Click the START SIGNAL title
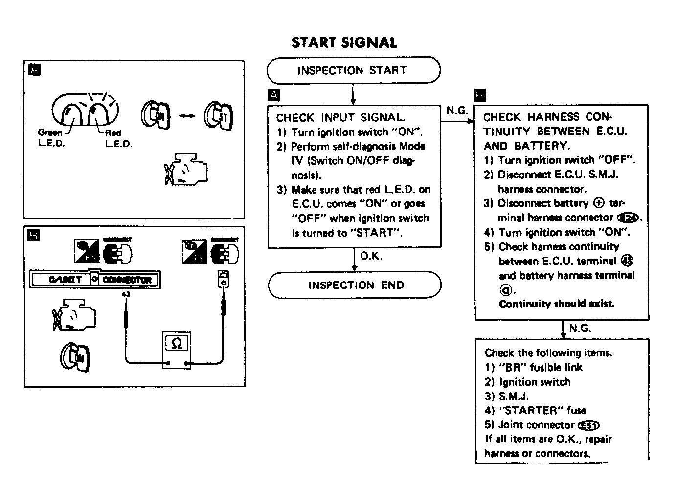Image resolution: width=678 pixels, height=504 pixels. (x=344, y=43)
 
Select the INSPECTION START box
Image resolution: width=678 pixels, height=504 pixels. (x=353, y=70)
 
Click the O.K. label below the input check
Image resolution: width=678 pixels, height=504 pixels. (x=371, y=256)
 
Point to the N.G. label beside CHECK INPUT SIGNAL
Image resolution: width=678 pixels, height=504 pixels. (x=457, y=110)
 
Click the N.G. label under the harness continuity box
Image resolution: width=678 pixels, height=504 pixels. (x=580, y=329)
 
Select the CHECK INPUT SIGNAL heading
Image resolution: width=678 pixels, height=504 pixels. (x=340, y=118)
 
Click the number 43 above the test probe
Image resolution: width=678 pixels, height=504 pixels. (x=125, y=295)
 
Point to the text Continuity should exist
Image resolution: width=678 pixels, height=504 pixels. (x=556, y=304)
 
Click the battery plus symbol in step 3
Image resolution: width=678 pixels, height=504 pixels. (x=598, y=203)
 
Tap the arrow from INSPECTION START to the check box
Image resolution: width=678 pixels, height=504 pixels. (x=353, y=94)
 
